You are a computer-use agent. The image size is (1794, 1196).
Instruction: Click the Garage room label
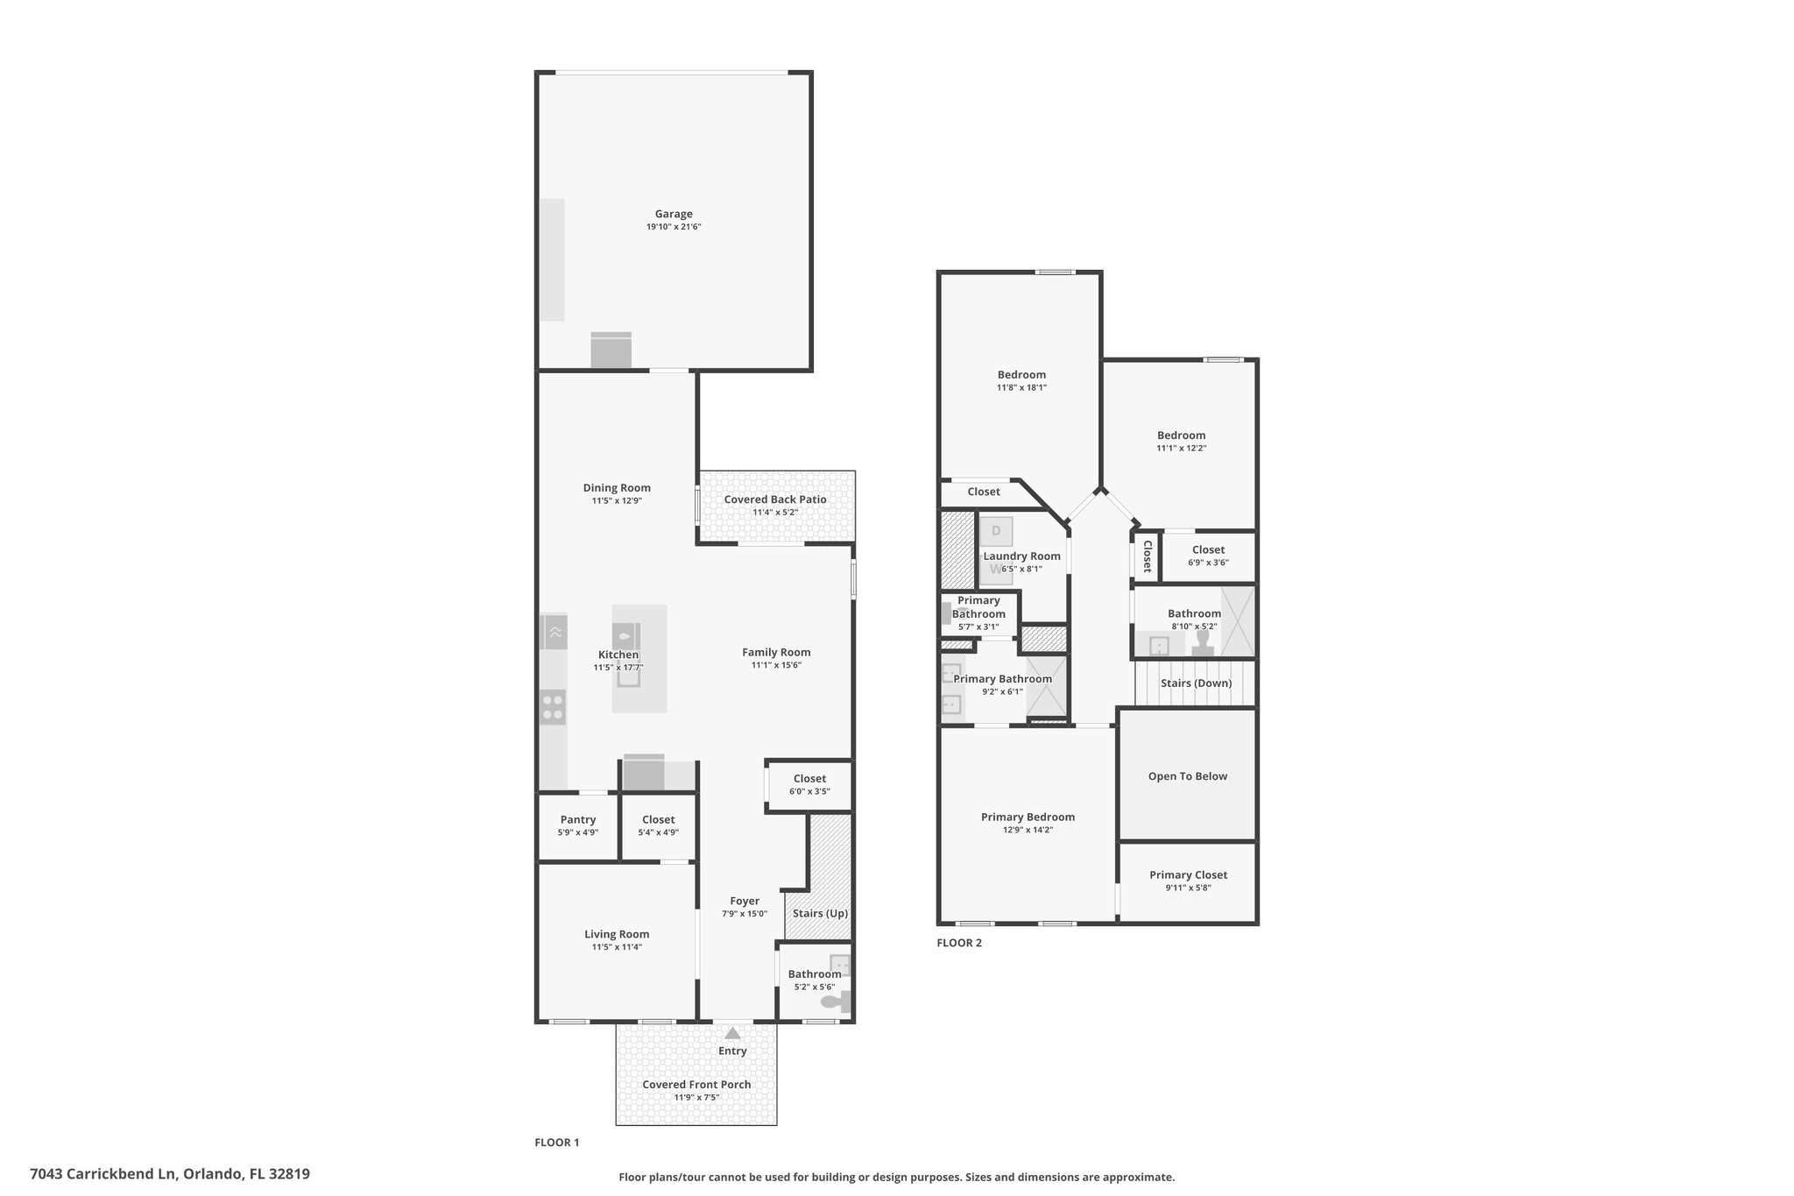click(674, 214)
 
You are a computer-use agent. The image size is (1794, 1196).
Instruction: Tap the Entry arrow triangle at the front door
click(732, 1034)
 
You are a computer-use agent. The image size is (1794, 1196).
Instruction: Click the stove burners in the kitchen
click(553, 707)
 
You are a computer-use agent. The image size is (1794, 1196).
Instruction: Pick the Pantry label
click(578, 820)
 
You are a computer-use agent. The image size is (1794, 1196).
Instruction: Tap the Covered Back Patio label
click(775, 499)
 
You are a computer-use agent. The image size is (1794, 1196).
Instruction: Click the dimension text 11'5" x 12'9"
click(617, 501)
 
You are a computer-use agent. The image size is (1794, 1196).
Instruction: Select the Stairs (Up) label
click(820, 913)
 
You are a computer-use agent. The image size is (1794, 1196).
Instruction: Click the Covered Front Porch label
click(696, 1085)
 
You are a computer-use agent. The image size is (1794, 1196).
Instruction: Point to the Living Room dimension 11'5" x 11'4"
click(617, 947)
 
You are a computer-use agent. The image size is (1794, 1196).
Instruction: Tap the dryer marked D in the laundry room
click(996, 532)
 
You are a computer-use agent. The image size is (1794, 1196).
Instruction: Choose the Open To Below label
click(1188, 776)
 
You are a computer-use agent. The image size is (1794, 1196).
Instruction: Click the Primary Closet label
click(1188, 875)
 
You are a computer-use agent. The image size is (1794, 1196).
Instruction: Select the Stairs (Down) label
click(1196, 683)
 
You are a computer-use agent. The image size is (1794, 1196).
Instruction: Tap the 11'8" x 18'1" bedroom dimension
click(1021, 387)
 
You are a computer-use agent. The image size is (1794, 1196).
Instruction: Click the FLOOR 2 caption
click(959, 943)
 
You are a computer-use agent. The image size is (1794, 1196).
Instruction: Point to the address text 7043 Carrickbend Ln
click(103, 1174)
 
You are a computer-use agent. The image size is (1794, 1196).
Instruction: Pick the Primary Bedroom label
click(1028, 817)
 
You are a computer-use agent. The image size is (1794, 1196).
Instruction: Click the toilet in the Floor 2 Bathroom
click(1204, 643)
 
